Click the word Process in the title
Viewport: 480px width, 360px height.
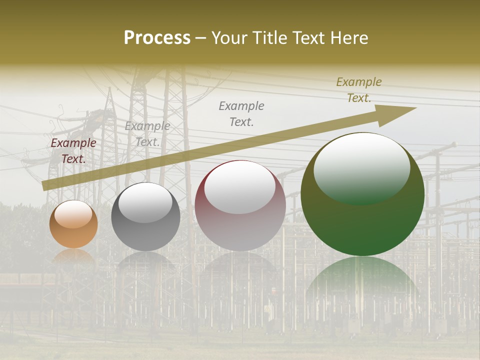click(157, 38)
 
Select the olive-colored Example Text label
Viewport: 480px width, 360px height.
click(358, 90)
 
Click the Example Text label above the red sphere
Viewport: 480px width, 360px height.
click(241, 113)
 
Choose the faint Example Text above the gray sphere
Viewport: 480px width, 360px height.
click(147, 134)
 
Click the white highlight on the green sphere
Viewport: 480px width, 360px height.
click(361, 167)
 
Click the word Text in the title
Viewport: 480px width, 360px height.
click(307, 38)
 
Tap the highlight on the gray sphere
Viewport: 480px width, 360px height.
click(145, 203)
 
